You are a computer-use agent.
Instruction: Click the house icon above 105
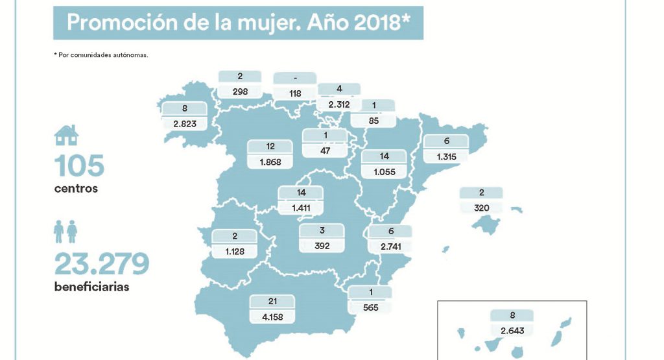pos(67,135)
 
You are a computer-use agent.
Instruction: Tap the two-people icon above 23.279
pos(66,232)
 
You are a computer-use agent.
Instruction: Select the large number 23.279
pos(102,263)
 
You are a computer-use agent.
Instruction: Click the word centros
pos(76,189)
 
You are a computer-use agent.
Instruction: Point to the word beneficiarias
pos(91,287)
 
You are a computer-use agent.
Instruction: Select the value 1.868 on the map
pos(270,162)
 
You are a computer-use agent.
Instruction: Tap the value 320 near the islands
pos(480,208)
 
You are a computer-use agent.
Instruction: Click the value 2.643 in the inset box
pos(512,330)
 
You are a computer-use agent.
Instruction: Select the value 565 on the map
pos(370,307)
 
